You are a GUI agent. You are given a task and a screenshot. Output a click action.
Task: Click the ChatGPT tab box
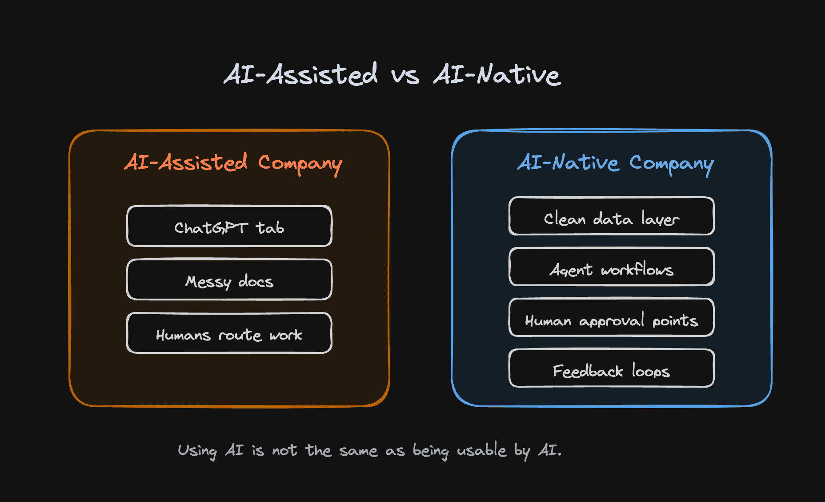tap(229, 226)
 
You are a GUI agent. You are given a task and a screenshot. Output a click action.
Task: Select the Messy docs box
tap(229, 279)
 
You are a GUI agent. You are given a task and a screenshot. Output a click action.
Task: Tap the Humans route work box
tap(229, 333)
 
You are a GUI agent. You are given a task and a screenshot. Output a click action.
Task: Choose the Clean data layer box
tap(612, 216)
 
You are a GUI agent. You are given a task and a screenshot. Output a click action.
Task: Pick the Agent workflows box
tap(612, 267)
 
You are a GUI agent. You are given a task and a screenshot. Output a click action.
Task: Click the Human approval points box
tap(612, 317)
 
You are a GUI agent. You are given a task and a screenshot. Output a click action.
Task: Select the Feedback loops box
tap(612, 368)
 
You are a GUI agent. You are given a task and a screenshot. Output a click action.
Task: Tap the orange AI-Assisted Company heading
tap(233, 163)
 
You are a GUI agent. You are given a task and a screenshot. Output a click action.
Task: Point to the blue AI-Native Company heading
tap(616, 163)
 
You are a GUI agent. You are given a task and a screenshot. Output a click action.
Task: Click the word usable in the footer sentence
tap(482, 450)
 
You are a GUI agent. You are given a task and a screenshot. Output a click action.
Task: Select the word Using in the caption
tap(197, 451)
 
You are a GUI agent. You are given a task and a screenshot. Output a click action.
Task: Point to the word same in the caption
tap(358, 451)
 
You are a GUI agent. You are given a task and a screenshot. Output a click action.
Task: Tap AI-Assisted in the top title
tap(301, 74)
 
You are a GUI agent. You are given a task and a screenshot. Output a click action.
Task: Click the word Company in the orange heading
tap(300, 165)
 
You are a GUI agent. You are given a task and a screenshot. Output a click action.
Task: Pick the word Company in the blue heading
tap(672, 165)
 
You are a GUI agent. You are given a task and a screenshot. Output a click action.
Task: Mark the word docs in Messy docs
tap(256, 281)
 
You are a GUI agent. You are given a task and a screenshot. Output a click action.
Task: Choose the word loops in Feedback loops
tap(651, 371)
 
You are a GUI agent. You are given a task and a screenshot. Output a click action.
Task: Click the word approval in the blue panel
tap(612, 320)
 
